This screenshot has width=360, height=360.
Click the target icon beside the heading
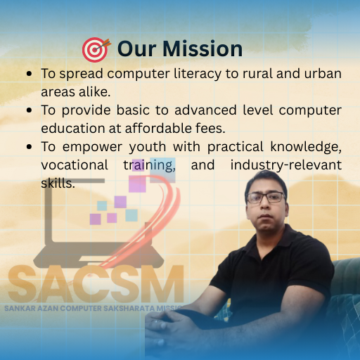point(96,49)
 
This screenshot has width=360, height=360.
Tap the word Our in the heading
point(135,49)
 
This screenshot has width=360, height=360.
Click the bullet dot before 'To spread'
point(28,74)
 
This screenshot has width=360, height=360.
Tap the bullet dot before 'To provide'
point(28,110)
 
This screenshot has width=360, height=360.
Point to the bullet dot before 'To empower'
point(28,147)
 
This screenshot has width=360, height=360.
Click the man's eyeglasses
point(266,197)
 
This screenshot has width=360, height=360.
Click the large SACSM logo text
point(95,283)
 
